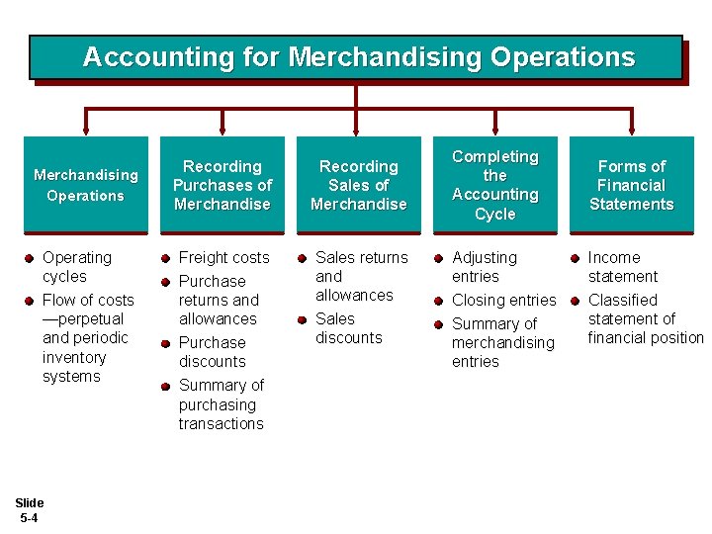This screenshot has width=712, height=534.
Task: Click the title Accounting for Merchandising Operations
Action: click(x=358, y=57)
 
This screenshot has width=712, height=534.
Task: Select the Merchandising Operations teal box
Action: click(x=86, y=185)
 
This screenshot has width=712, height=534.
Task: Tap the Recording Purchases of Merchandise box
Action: click(x=222, y=185)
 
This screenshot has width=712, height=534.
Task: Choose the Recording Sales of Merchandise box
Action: click(x=358, y=185)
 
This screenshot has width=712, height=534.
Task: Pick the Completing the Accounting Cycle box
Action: click(x=494, y=185)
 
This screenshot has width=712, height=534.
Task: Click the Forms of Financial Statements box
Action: click(x=631, y=185)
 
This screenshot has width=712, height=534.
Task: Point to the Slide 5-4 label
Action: click(x=30, y=510)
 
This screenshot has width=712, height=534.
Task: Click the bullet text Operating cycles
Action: click(x=77, y=267)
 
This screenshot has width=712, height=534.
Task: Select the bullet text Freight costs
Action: click(x=223, y=257)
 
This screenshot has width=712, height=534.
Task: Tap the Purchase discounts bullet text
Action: click(x=213, y=352)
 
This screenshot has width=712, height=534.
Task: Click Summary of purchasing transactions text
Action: click(x=222, y=404)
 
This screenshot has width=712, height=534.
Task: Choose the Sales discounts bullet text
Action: click(x=348, y=328)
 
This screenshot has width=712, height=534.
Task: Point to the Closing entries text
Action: click(x=504, y=300)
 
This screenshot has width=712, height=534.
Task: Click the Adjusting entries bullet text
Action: click(x=485, y=267)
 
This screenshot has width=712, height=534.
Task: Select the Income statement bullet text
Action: click(x=623, y=267)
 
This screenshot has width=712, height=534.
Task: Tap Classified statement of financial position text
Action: click(x=645, y=318)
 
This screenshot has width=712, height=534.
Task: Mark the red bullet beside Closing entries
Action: click(x=438, y=301)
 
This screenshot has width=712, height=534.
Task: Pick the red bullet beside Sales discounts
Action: click(x=302, y=319)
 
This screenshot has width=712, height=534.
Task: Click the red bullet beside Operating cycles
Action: click(x=30, y=258)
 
